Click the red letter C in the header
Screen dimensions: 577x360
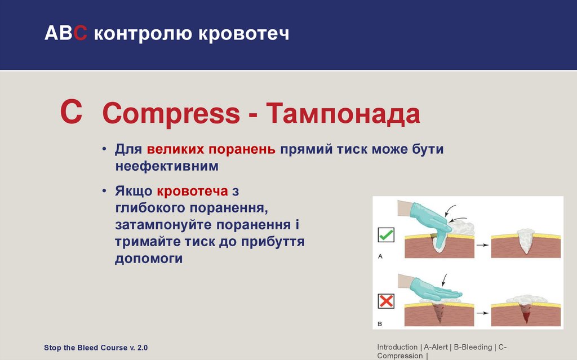(x=80, y=33)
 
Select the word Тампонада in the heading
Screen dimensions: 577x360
(x=343, y=113)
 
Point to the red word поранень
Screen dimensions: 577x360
(x=242, y=149)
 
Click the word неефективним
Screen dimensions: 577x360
(x=167, y=166)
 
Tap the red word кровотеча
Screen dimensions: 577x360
(x=193, y=192)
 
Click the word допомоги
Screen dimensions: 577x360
(x=149, y=259)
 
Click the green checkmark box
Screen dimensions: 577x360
(x=386, y=235)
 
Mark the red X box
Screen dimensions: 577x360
(x=386, y=301)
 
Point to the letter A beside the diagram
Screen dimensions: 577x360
(x=380, y=256)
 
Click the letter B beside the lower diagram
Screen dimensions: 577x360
(x=380, y=324)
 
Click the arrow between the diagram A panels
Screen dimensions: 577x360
(x=482, y=245)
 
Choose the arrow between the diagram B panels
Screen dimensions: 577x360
(x=482, y=313)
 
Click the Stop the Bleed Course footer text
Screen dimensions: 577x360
(x=96, y=348)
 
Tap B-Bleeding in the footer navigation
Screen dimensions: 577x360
(x=473, y=347)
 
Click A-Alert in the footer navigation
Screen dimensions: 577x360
(x=436, y=347)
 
